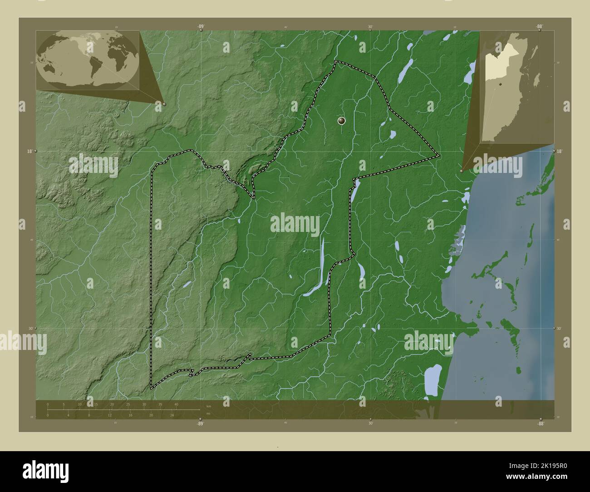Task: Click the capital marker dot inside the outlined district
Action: [342, 120]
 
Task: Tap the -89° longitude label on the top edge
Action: [200, 27]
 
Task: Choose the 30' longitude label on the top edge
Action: [371, 27]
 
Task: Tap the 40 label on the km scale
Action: [176, 404]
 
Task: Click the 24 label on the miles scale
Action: [172, 415]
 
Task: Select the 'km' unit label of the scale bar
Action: [209, 406]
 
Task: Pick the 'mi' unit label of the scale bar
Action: [208, 413]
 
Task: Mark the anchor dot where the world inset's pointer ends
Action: [164, 104]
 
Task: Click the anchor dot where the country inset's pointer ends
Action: [461, 171]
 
